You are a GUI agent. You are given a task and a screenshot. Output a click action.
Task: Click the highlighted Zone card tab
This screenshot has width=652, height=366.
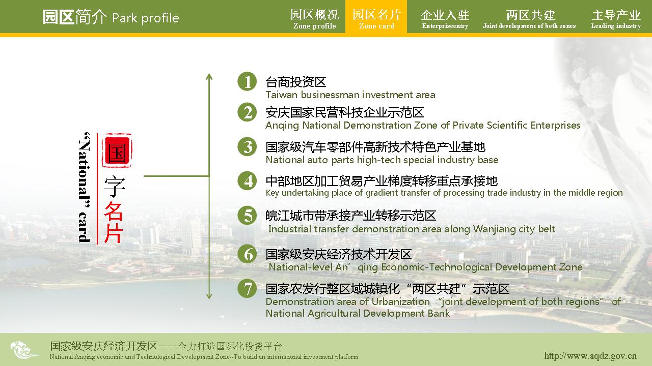coord(376,17)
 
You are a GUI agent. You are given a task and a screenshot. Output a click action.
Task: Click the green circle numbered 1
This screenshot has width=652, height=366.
coord(247,81)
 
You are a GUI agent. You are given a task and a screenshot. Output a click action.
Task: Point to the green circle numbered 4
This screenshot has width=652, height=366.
coord(247,180)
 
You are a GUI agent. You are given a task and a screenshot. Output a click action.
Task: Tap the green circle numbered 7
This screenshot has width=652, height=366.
coord(247,289)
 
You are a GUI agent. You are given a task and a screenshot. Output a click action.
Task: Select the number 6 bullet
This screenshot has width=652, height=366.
coord(247,254)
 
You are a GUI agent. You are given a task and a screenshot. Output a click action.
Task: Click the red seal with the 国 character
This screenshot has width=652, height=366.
coord(117,151)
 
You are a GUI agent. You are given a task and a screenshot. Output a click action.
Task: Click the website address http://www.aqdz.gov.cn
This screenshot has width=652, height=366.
coord(590,356)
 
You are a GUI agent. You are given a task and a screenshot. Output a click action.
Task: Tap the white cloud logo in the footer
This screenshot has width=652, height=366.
coord(23,350)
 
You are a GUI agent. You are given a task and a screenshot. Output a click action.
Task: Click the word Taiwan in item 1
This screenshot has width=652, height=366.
coord(282,95)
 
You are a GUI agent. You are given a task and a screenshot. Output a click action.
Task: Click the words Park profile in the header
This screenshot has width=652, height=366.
coord(146,18)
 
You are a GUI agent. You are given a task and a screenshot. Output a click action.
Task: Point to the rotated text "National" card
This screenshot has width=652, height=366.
coord(84,188)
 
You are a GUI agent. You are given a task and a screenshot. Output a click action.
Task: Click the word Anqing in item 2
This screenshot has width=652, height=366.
coord(282,126)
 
